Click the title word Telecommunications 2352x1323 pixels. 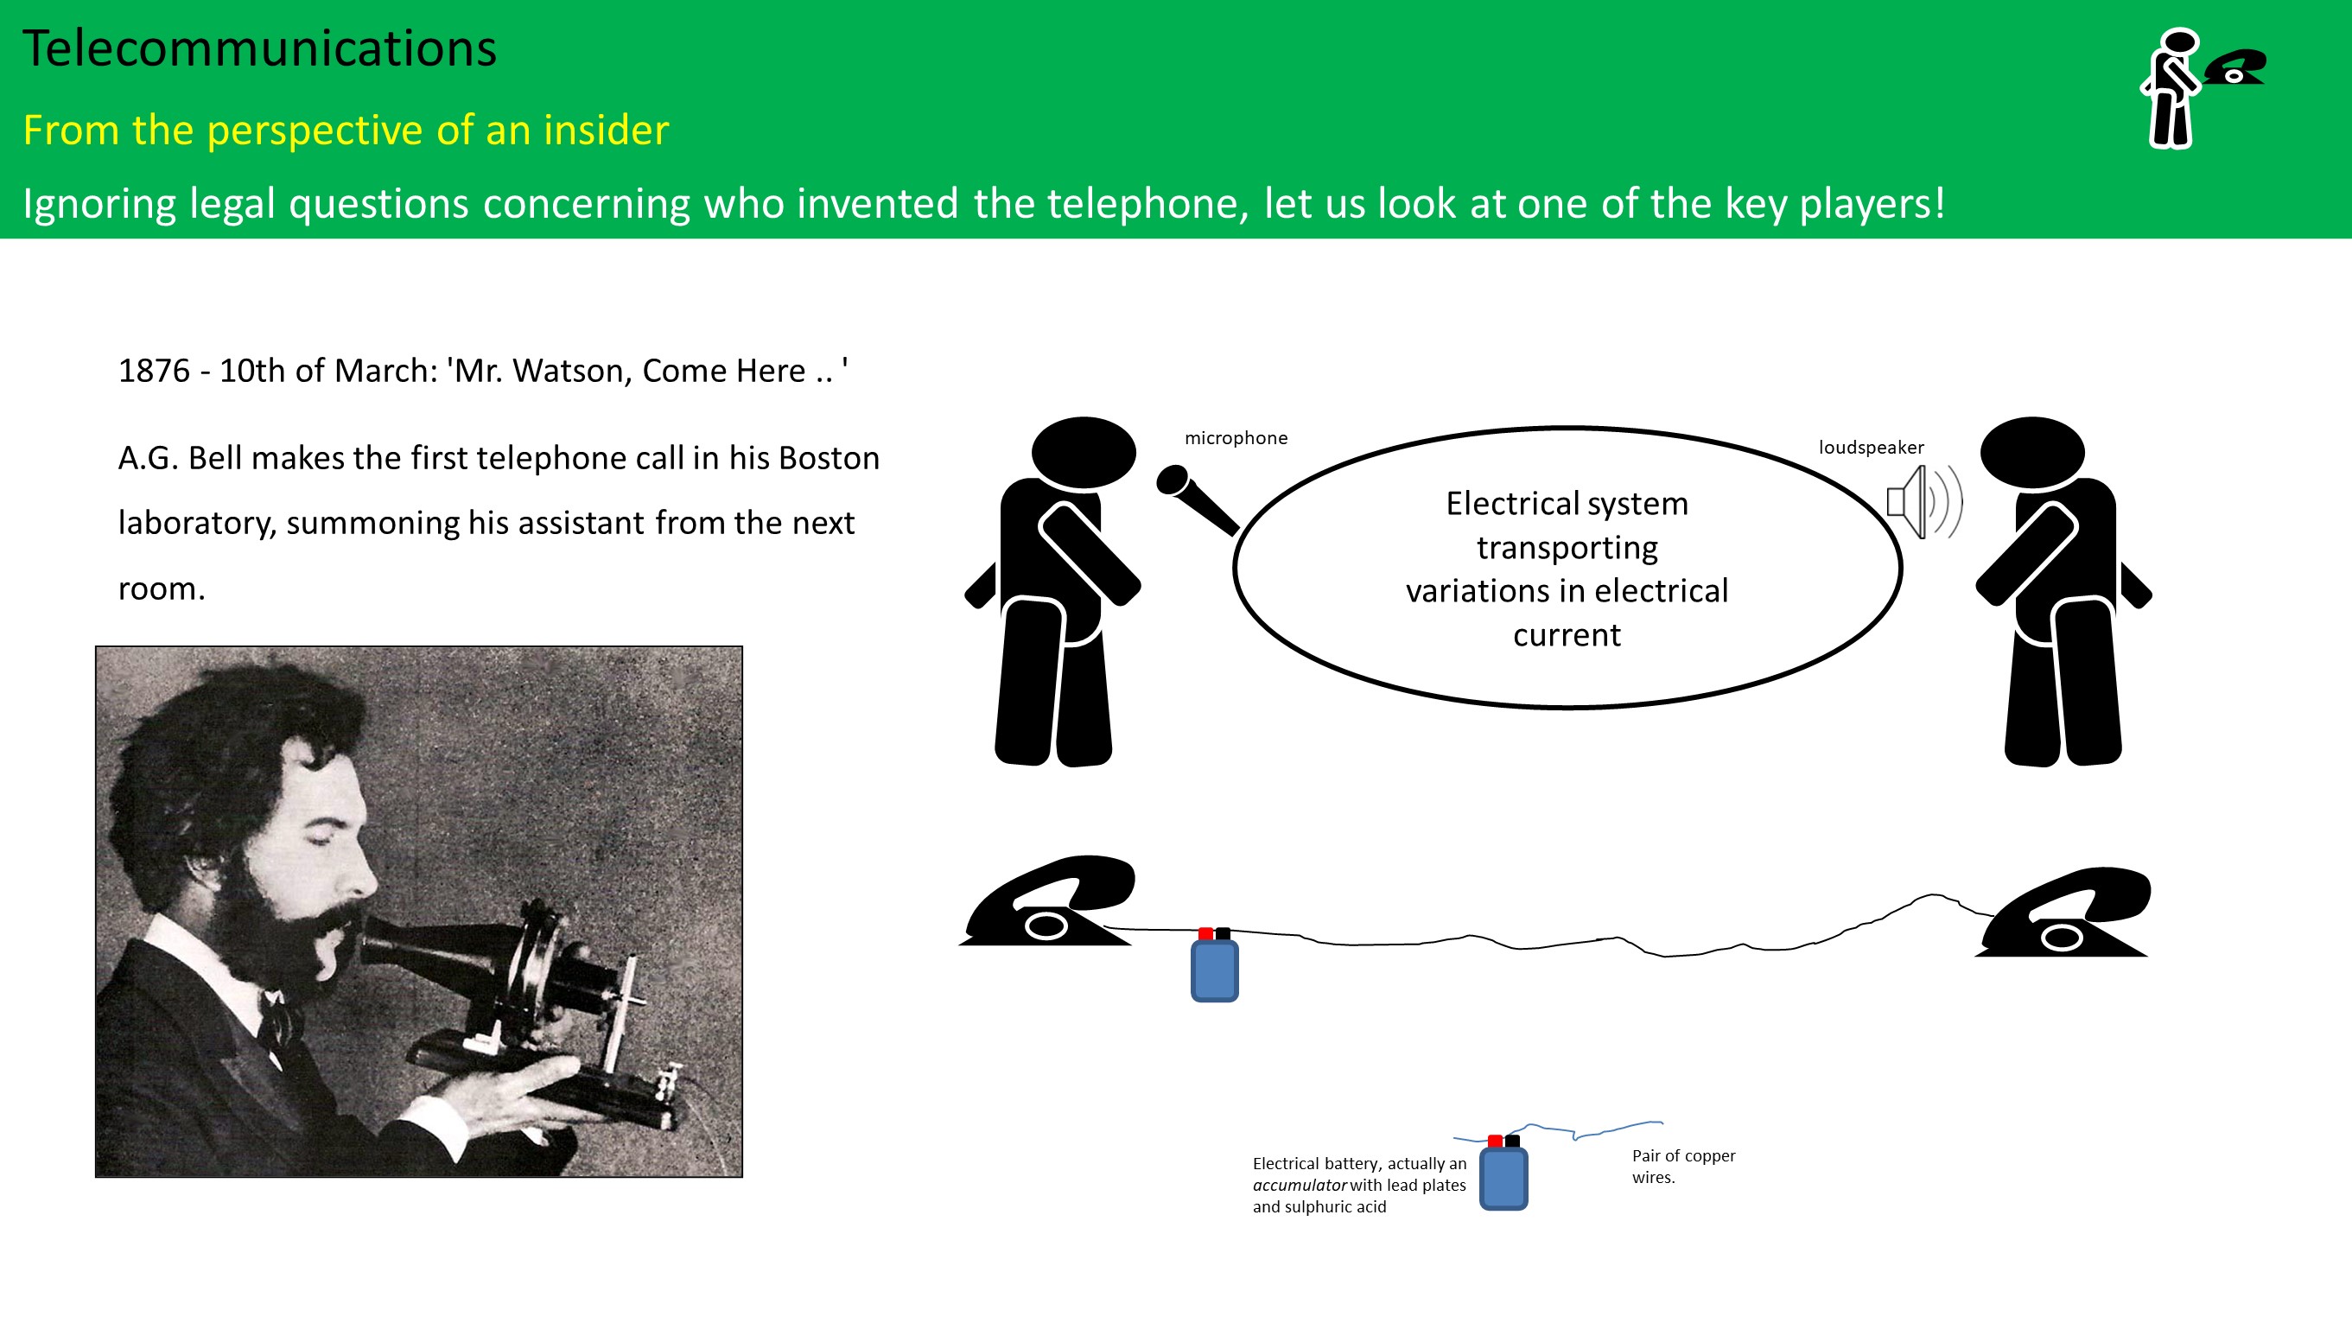point(259,48)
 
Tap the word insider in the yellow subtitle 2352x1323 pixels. point(607,130)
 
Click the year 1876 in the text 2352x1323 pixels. point(155,371)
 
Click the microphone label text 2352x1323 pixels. point(1236,438)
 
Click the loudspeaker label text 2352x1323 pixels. point(1871,448)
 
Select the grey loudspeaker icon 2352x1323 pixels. point(1923,502)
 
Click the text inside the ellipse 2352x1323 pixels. point(1567,569)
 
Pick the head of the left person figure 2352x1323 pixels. point(1084,452)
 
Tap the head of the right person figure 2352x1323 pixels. point(2032,452)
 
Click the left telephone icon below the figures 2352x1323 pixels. point(1047,900)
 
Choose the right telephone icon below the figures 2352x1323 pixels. point(2063,913)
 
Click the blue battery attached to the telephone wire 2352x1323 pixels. point(1214,965)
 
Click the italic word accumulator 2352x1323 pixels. point(1300,1185)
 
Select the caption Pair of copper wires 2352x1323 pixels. point(1684,1166)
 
